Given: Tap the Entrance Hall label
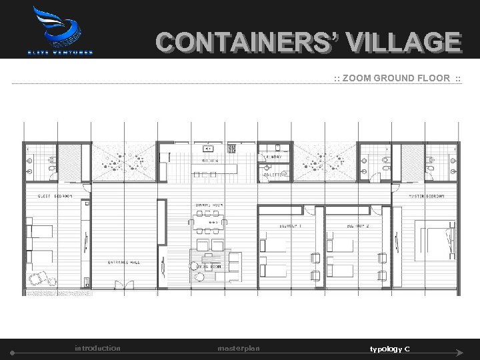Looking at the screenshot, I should pos(124,262).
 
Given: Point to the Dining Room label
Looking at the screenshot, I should pos(208,204).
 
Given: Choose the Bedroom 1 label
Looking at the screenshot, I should pos(291,226).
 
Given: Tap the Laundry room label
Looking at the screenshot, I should pos(274,157).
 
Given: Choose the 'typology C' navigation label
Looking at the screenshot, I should pos(390,349).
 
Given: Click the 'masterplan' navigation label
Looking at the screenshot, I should pos(239,349).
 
